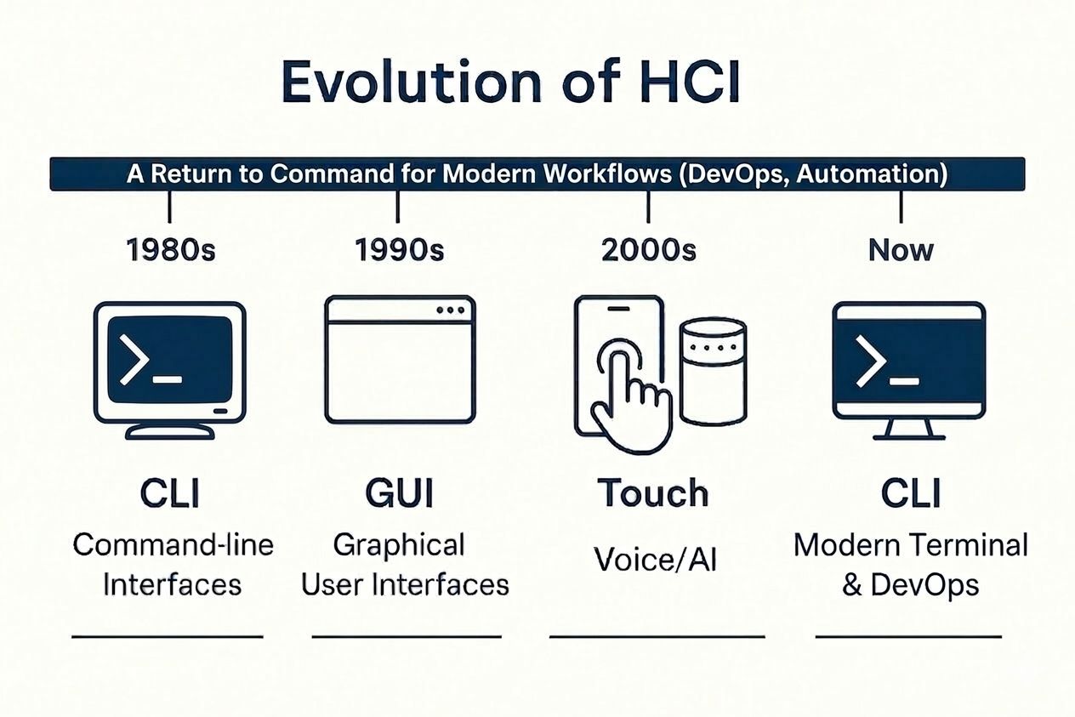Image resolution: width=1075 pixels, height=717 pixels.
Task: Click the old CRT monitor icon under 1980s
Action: [x=170, y=366]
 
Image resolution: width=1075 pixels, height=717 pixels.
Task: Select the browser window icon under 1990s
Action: [x=400, y=358]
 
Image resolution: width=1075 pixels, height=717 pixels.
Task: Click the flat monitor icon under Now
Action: [x=908, y=361]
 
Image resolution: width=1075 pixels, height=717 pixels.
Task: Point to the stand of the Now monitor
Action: [x=908, y=430]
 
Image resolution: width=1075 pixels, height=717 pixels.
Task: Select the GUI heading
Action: [x=399, y=493]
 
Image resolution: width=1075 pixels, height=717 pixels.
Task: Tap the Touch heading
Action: [x=652, y=493]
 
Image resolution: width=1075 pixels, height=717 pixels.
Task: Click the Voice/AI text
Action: [x=655, y=560]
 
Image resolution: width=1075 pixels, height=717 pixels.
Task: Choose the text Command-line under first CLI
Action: [x=173, y=545]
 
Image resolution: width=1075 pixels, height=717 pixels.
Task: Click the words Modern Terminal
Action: [x=910, y=545]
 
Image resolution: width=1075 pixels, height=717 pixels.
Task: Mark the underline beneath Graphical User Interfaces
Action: [x=407, y=636]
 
